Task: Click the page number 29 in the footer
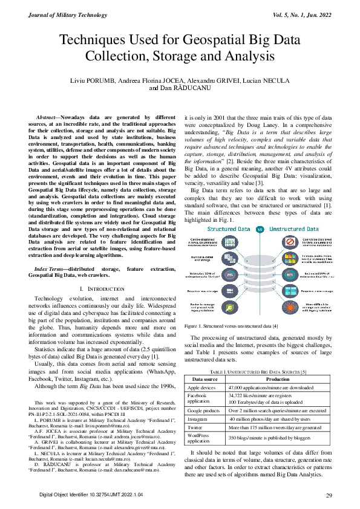click(329, 496)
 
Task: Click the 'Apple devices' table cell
click(201, 371)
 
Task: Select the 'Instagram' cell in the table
click(199, 401)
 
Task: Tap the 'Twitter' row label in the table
click(196, 410)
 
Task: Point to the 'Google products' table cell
click(203, 393)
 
